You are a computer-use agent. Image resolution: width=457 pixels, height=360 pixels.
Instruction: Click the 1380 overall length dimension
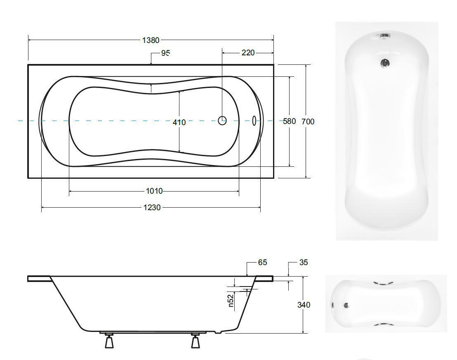click(x=151, y=40)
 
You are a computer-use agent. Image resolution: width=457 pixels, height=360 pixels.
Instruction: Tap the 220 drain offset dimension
click(x=248, y=53)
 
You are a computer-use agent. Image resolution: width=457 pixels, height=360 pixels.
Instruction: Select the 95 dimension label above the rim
click(x=165, y=53)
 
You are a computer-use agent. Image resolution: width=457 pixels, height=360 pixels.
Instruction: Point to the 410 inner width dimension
click(x=179, y=122)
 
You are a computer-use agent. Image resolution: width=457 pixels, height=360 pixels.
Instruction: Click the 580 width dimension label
click(x=290, y=121)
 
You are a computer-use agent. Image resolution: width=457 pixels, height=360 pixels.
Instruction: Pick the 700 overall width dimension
click(x=308, y=121)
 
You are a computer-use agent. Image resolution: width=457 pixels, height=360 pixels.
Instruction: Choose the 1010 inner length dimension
click(x=154, y=191)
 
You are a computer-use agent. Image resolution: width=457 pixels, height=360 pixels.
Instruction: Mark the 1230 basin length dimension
click(x=152, y=207)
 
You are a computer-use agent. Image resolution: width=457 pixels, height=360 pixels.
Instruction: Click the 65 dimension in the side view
click(x=262, y=263)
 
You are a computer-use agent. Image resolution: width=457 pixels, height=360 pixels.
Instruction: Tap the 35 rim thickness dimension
click(x=304, y=263)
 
